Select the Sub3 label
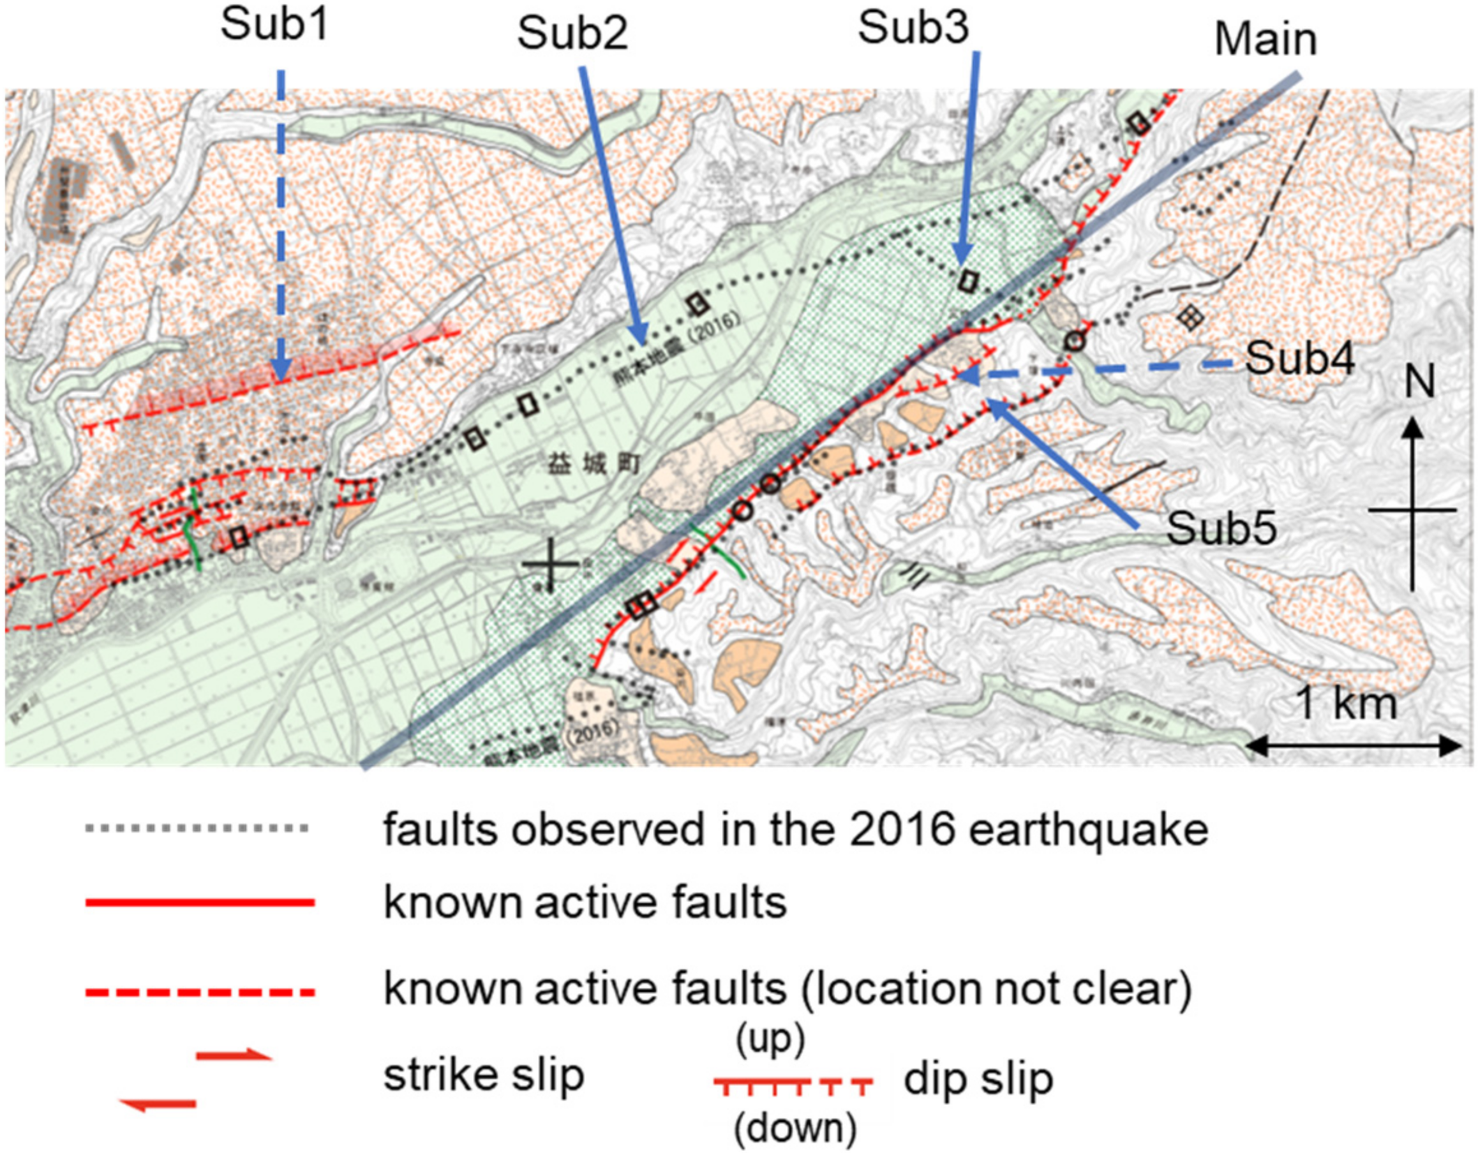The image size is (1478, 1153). pos(913,29)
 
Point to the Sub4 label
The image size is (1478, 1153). pos(1299,359)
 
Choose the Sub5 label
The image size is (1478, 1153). pos(1221,528)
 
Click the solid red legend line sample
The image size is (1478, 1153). pos(200,902)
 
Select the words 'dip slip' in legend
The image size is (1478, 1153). pos(978,1079)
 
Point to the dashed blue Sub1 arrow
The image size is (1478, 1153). pos(281,223)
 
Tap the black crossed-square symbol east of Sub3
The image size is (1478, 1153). pos(1190,316)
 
